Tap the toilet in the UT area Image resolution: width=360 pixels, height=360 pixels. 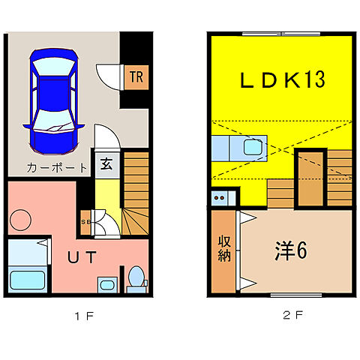coord(136,277)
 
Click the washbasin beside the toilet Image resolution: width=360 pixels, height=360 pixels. coord(106,284)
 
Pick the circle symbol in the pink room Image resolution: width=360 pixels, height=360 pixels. coord(20,220)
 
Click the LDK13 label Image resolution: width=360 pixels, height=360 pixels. coord(282,79)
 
